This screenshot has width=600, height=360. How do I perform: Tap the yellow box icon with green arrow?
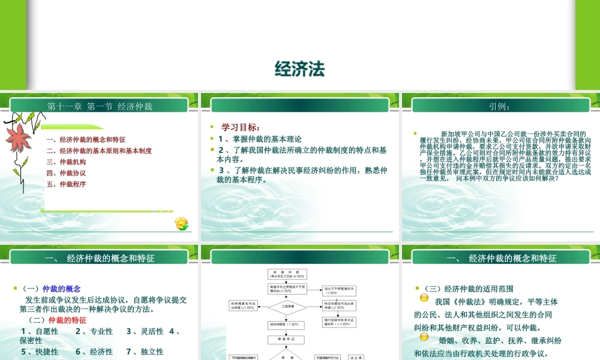[x=182, y=224]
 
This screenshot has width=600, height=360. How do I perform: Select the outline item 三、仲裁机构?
[x=66, y=162]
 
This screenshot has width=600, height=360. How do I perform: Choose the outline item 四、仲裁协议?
[x=66, y=173]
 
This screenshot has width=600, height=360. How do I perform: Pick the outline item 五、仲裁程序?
[x=66, y=184]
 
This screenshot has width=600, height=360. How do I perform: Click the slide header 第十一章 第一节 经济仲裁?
[x=100, y=107]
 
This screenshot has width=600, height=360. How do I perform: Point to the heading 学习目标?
[x=241, y=127]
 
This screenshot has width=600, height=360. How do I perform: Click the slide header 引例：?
[x=500, y=107]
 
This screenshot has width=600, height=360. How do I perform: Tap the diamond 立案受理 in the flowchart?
[x=287, y=306]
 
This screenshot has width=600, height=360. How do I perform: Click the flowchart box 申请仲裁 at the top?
[x=287, y=274]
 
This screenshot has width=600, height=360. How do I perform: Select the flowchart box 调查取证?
[x=287, y=340]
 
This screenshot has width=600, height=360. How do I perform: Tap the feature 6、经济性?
[x=94, y=352]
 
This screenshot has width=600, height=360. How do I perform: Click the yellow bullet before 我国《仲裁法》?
[x=424, y=298]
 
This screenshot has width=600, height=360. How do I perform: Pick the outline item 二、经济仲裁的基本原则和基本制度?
[x=99, y=151]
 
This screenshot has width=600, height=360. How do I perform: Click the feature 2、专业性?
[x=94, y=331]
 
